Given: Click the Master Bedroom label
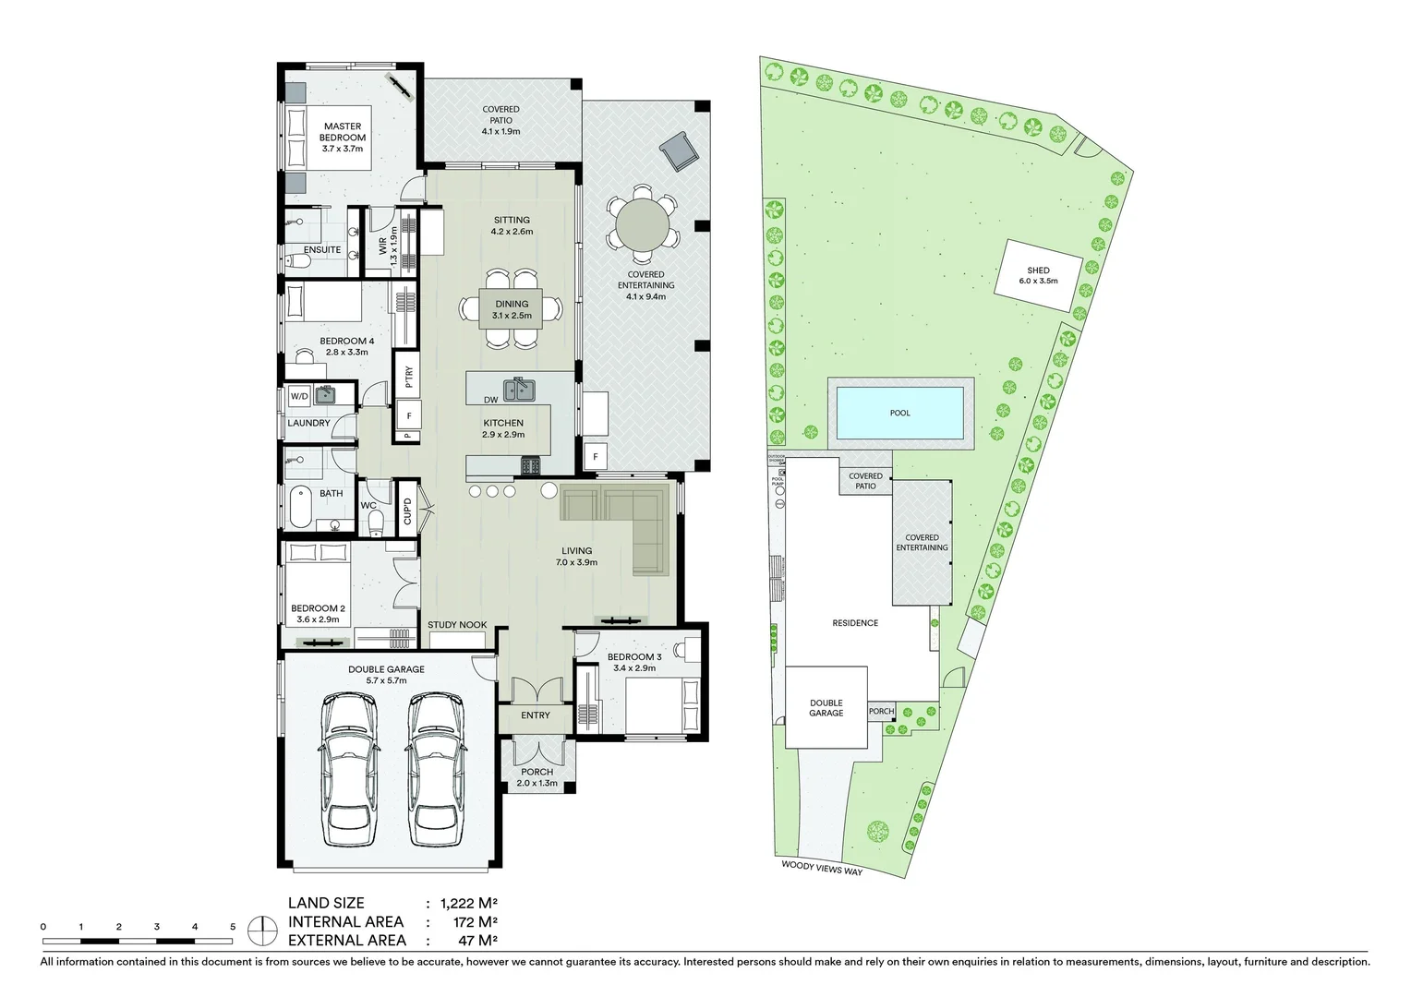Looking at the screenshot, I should click(x=343, y=131).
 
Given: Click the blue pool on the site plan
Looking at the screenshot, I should click(x=899, y=413).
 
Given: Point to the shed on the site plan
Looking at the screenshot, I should click(x=1038, y=275).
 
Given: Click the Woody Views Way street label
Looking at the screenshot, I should click(x=822, y=868).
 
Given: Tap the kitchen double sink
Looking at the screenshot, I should click(x=519, y=390).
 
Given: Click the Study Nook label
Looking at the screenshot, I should click(x=457, y=625).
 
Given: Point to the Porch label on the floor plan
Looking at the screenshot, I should click(x=537, y=772).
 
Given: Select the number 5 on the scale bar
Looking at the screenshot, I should click(x=233, y=926).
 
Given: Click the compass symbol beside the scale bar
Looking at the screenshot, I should click(x=264, y=930).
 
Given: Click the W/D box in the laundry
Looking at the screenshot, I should click(x=299, y=396).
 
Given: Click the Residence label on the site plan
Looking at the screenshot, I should click(x=855, y=623).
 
